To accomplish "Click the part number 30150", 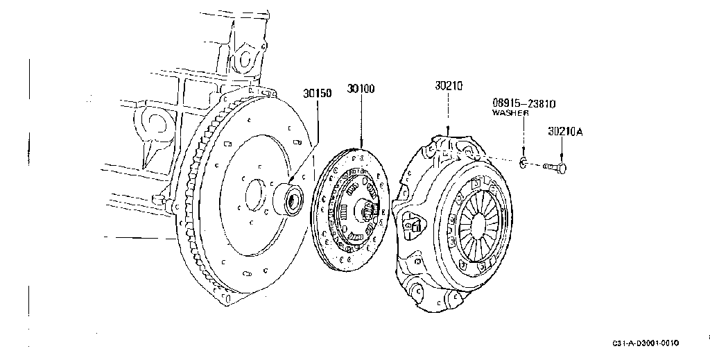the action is click(317, 93).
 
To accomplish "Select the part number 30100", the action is click(361, 89).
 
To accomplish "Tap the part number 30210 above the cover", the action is click(449, 85).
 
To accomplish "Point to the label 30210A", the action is click(565, 131).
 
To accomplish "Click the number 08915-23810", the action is click(524, 103).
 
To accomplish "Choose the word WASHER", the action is click(510, 113).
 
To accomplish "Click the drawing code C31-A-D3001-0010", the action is click(646, 343).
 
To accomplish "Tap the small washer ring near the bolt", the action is click(523, 162).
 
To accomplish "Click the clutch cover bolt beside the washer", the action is click(554, 168).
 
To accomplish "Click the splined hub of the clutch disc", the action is click(368, 211).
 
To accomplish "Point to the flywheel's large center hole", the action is click(256, 195).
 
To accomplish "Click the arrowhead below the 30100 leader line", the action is click(361, 144).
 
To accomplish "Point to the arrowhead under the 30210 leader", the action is click(448, 131).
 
